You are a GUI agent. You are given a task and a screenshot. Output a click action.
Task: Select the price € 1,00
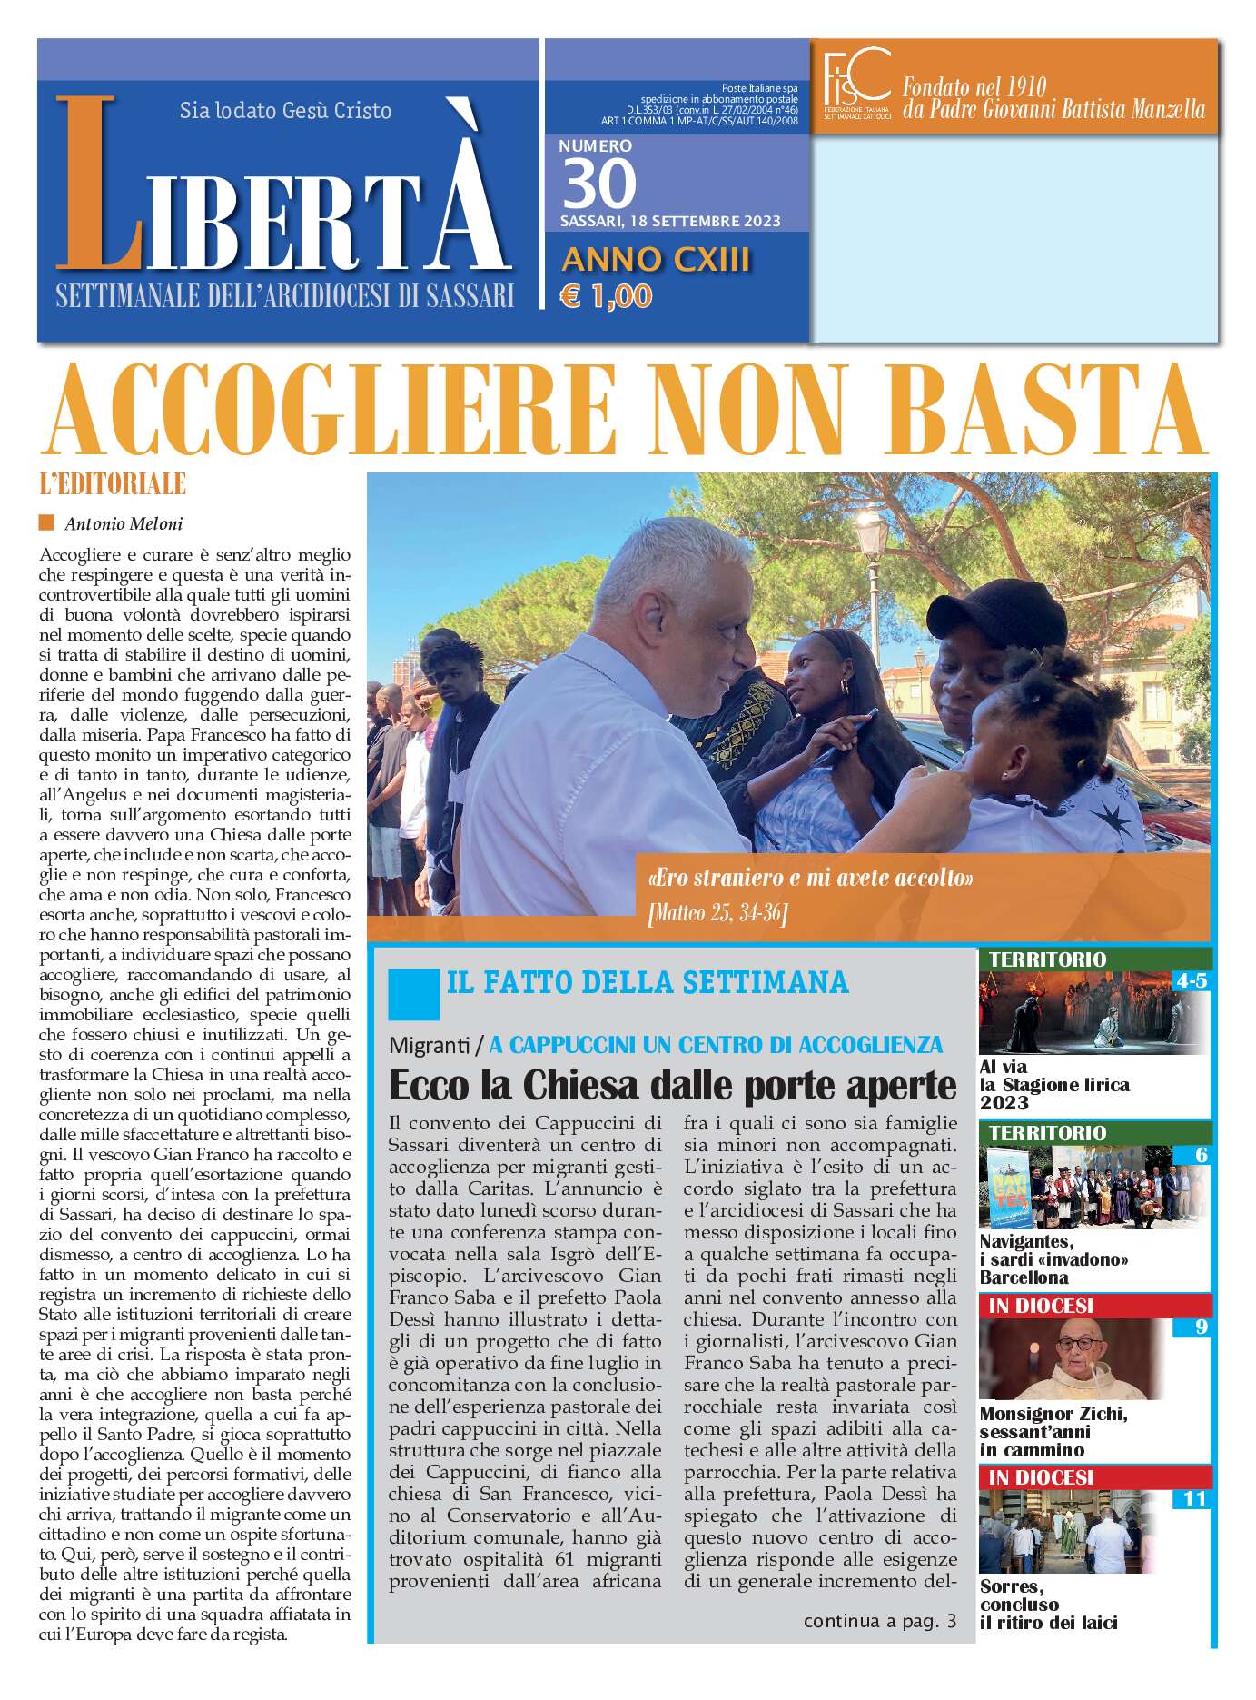[606, 296]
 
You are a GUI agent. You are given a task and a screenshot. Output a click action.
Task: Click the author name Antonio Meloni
[124, 523]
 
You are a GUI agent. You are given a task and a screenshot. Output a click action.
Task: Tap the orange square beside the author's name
[47, 522]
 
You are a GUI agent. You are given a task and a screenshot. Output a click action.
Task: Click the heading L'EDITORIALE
[114, 483]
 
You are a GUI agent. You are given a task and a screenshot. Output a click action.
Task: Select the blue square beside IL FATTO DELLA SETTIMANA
[412, 992]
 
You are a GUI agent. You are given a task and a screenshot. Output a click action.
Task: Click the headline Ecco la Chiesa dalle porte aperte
[672, 1085]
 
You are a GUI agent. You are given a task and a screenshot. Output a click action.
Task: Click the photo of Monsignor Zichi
[1094, 1358]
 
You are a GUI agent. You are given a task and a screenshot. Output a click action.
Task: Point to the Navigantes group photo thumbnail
[1094, 1188]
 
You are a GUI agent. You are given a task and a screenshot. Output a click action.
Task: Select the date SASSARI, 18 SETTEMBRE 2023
[670, 222]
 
